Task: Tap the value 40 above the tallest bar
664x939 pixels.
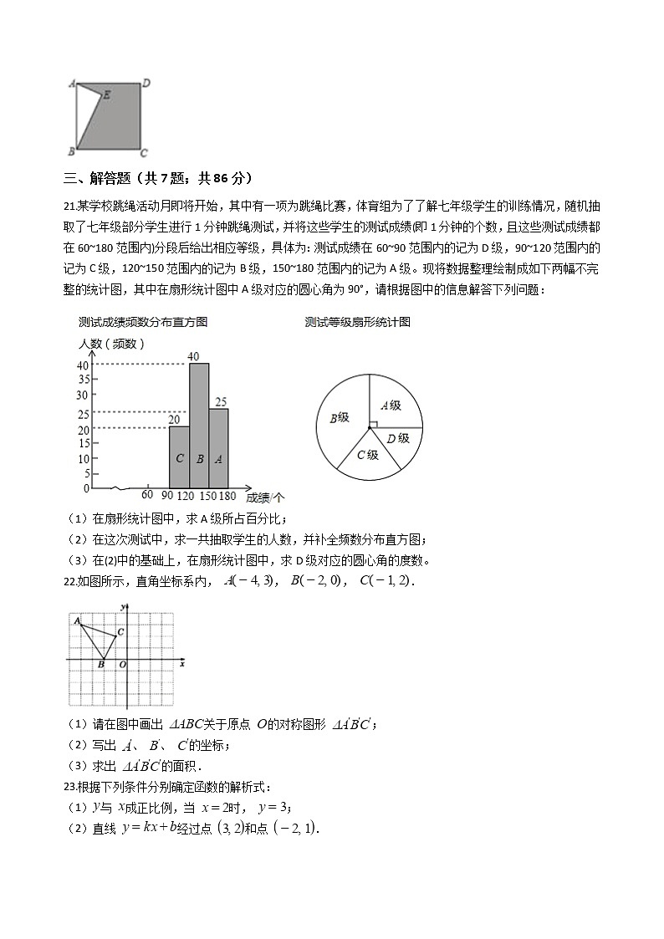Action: point(193,357)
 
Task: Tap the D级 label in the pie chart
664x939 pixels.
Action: point(398,438)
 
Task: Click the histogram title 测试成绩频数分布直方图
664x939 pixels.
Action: point(143,322)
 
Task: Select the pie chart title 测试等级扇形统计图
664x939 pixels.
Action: point(358,322)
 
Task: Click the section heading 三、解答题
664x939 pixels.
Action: point(105,178)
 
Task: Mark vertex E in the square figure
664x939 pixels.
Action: point(105,96)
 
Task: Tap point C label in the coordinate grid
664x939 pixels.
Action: point(120,632)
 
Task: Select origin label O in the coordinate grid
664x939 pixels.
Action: point(122,665)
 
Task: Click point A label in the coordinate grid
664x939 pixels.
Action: point(76,620)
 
